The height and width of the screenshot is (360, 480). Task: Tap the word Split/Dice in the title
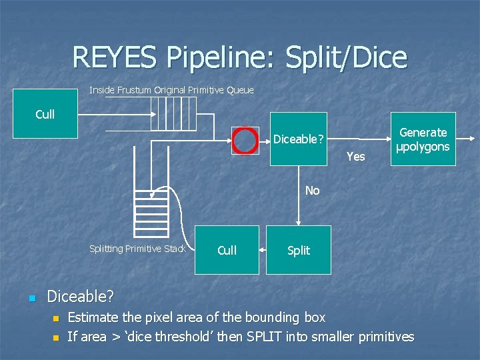(x=345, y=57)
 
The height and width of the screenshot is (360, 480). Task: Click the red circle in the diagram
(x=245, y=140)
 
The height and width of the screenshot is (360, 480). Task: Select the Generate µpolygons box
(x=423, y=139)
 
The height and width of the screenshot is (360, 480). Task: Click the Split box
(x=298, y=250)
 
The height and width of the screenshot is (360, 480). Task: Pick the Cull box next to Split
(x=227, y=250)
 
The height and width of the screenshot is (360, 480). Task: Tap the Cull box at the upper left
(x=45, y=115)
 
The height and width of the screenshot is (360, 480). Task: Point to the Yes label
(x=356, y=157)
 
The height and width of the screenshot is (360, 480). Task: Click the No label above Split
(x=312, y=191)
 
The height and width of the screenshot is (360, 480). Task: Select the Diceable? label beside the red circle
(x=299, y=140)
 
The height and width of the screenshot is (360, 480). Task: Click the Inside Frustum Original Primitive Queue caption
(x=171, y=90)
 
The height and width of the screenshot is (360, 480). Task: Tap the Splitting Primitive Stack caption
(x=137, y=249)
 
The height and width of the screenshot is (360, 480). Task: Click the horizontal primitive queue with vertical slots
(x=175, y=115)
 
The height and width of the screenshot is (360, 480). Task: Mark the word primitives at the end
(x=382, y=337)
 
